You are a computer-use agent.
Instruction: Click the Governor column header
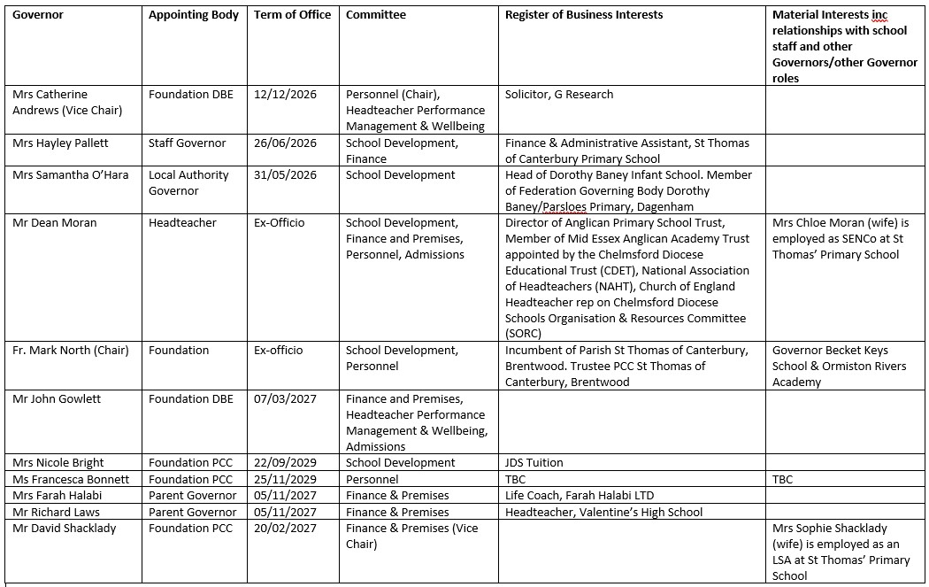click(38, 15)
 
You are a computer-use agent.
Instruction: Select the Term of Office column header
click(292, 15)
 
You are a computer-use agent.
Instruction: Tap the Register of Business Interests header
click(584, 15)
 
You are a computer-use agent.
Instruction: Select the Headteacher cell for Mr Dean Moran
click(182, 223)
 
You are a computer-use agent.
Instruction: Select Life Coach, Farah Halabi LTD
click(580, 496)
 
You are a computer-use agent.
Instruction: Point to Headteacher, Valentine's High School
click(603, 512)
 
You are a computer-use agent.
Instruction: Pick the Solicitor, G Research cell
click(558, 95)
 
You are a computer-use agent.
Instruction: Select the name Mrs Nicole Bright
click(58, 463)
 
